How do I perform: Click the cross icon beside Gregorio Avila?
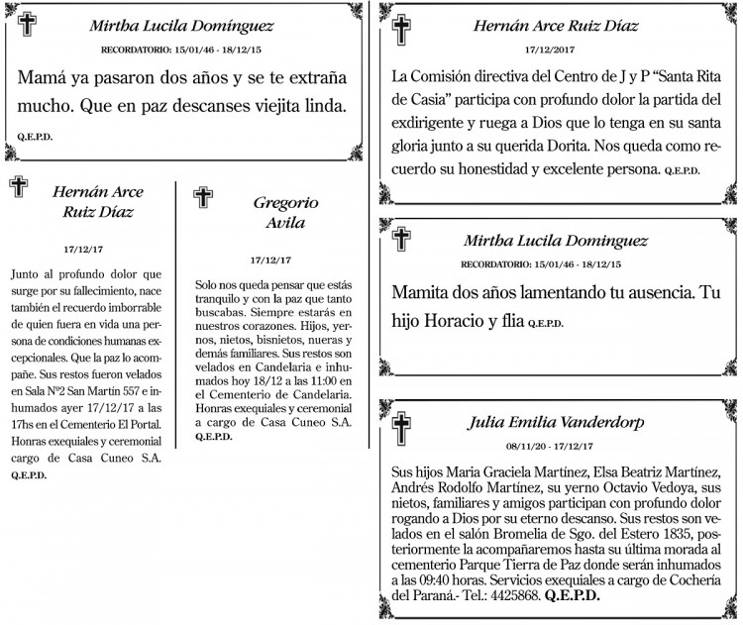(x=202, y=198)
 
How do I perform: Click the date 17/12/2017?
(x=555, y=48)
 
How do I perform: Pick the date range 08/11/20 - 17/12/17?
(x=555, y=447)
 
